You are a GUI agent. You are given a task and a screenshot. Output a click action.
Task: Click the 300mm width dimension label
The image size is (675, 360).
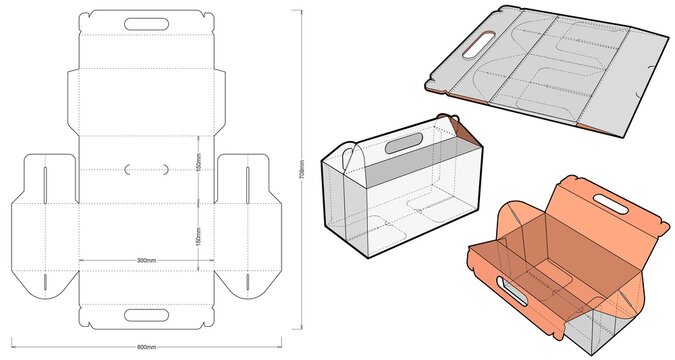(146, 260)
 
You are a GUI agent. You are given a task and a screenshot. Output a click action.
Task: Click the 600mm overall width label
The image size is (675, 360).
(146, 347)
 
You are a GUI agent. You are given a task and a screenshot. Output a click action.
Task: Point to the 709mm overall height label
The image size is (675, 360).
(301, 166)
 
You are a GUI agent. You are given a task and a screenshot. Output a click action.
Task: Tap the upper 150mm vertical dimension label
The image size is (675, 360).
(199, 160)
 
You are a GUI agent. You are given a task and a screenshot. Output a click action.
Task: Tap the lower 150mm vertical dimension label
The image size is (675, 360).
(199, 238)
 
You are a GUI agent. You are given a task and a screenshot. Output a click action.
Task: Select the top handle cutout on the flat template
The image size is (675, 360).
(146, 21)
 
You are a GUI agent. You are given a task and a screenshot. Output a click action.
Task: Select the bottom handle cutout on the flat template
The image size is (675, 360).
(146, 316)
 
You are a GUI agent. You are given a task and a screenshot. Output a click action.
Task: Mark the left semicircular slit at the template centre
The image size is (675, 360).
(129, 169)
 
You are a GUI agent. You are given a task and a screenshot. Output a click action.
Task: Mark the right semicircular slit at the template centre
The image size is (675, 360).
(163, 169)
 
